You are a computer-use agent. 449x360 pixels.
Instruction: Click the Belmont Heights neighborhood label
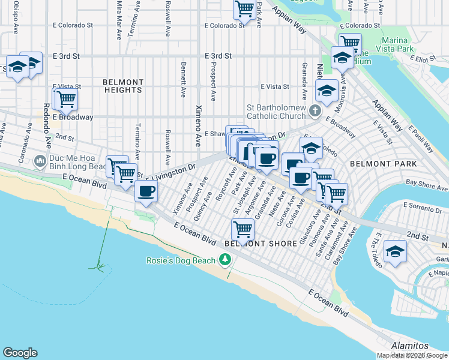tap(122, 86)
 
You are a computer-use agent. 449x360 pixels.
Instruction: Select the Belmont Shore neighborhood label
tap(261, 244)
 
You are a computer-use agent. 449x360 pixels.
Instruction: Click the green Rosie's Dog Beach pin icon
tap(225, 260)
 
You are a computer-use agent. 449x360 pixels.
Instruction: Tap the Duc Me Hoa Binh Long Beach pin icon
tap(40, 161)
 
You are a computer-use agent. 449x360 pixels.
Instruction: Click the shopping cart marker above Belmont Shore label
tap(243, 228)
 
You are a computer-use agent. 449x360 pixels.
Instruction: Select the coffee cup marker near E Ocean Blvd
tap(146, 191)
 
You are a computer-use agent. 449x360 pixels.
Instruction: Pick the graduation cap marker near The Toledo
tap(395, 250)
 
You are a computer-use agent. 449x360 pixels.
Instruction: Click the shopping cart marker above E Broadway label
tap(66, 98)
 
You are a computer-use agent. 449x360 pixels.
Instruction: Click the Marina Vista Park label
tap(397, 44)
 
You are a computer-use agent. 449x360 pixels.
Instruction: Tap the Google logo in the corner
tap(20, 353)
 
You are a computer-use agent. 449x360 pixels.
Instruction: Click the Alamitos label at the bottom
tap(409, 346)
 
